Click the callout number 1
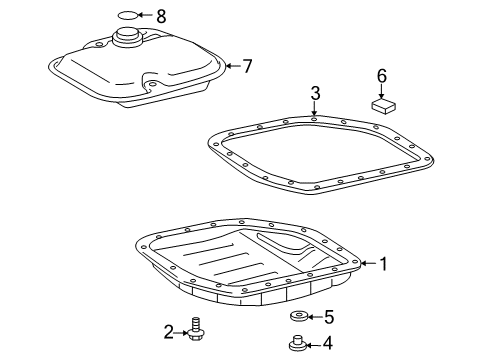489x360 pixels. pyautogui.click(x=383, y=264)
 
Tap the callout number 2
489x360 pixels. pyautogui.click(x=170, y=331)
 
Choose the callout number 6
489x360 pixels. pyautogui.click(x=381, y=75)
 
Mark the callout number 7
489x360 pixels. pyautogui.click(x=246, y=66)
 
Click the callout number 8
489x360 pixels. pyautogui.click(x=162, y=15)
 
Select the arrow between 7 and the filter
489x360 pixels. pyautogui.click(x=231, y=66)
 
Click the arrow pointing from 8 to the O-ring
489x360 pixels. pyautogui.click(x=147, y=15)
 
